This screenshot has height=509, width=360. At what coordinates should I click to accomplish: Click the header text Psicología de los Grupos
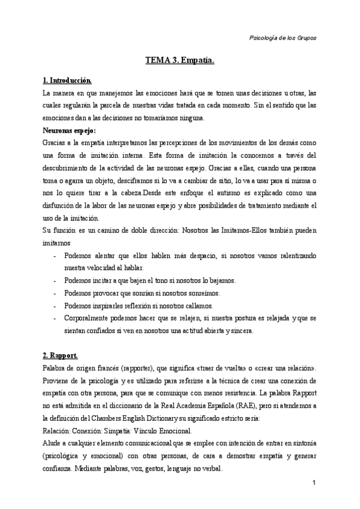[x=282, y=37]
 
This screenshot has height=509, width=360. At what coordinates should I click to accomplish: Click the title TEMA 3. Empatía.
[x=180, y=61]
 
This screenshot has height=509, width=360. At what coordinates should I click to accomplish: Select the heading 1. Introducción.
[x=67, y=80]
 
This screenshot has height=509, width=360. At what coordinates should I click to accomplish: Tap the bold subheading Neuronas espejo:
[x=70, y=129]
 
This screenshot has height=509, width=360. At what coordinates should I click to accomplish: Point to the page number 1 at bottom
[x=314, y=482]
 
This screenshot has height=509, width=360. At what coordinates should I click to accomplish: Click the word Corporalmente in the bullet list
[x=89, y=318]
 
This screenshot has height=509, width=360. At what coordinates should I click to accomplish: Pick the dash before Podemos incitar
[x=55, y=280]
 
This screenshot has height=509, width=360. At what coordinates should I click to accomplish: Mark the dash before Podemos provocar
[x=55, y=293]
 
